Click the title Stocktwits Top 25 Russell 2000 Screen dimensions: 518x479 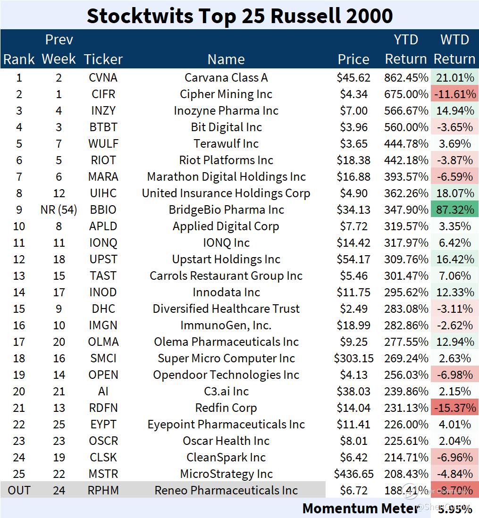click(x=239, y=16)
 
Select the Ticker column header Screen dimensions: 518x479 click(x=103, y=59)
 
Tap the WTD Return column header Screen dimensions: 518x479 click(x=454, y=49)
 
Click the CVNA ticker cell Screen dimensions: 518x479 click(x=103, y=77)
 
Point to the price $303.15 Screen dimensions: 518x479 click(x=353, y=358)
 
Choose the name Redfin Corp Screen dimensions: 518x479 click(x=226, y=408)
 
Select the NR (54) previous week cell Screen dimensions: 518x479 click(x=59, y=209)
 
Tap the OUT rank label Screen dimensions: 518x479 click(x=19, y=490)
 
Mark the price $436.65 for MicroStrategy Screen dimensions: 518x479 click(x=353, y=474)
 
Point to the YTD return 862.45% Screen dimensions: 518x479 click(x=406, y=77)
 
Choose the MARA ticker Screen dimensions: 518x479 click(x=103, y=176)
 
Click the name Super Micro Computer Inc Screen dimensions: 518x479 click(x=226, y=358)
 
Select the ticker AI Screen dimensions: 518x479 click(x=103, y=391)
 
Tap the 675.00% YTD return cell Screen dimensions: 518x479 click(x=406, y=94)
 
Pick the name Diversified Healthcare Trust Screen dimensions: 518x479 click(x=226, y=309)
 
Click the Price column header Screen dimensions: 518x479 click(x=353, y=59)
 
